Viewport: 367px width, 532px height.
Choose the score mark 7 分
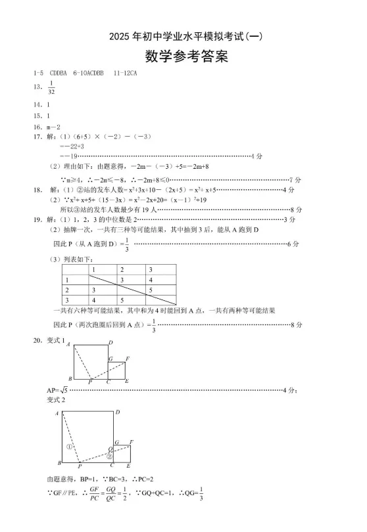click(295, 179)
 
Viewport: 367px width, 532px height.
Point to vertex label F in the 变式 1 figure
click(128, 358)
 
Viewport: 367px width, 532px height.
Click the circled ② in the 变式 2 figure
click(110, 455)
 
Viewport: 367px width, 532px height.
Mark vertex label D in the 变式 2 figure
click(117, 412)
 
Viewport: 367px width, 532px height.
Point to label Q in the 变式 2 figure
click(110, 450)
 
